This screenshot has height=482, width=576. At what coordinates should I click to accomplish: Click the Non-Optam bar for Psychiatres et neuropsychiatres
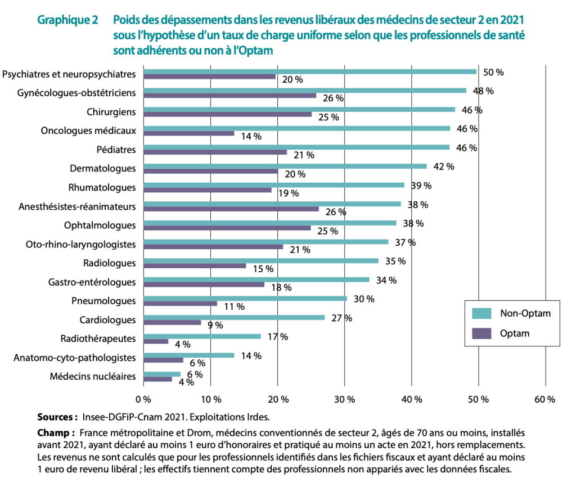click(x=310, y=71)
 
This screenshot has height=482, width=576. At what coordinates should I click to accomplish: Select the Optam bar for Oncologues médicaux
click(x=189, y=133)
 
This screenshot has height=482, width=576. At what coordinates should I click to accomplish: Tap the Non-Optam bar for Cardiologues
click(x=234, y=317)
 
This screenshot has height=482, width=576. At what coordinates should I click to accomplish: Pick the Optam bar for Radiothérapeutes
click(x=156, y=341)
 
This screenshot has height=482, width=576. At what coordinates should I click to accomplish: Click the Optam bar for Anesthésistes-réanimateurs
click(x=231, y=209)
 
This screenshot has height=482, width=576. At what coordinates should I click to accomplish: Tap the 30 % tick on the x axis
click(x=344, y=399)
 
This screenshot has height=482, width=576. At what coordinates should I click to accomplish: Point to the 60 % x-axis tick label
click(x=544, y=399)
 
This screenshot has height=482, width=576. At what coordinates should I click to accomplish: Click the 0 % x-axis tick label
click(x=144, y=399)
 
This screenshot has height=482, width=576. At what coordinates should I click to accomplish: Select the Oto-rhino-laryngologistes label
click(x=81, y=244)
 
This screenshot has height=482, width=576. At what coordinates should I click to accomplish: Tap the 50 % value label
click(x=493, y=73)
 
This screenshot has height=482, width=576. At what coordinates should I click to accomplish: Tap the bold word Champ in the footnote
click(x=56, y=433)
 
